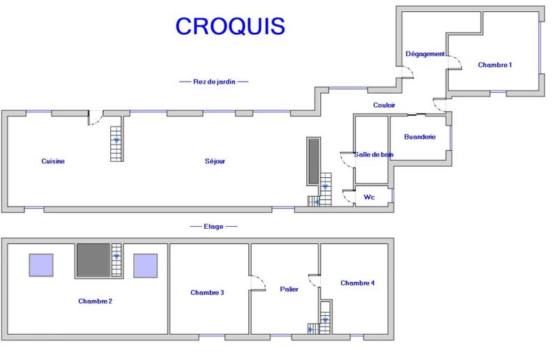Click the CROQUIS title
[x=229, y=25]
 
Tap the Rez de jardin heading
[x=214, y=82]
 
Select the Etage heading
[x=213, y=226]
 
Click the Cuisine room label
[x=53, y=161]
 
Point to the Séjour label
[x=215, y=161]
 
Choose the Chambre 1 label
[x=495, y=65]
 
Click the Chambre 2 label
[x=96, y=301]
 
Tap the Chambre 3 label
[x=207, y=292]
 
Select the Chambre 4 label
[x=358, y=283]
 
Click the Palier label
[x=289, y=289]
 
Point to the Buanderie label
[x=420, y=137]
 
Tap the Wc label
[x=370, y=197]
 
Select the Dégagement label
[x=425, y=54]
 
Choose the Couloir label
[x=384, y=105]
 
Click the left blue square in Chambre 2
[x=40, y=265]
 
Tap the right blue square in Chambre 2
[x=146, y=265]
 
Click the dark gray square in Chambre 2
[x=93, y=261]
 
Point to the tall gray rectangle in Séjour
[x=313, y=161]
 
